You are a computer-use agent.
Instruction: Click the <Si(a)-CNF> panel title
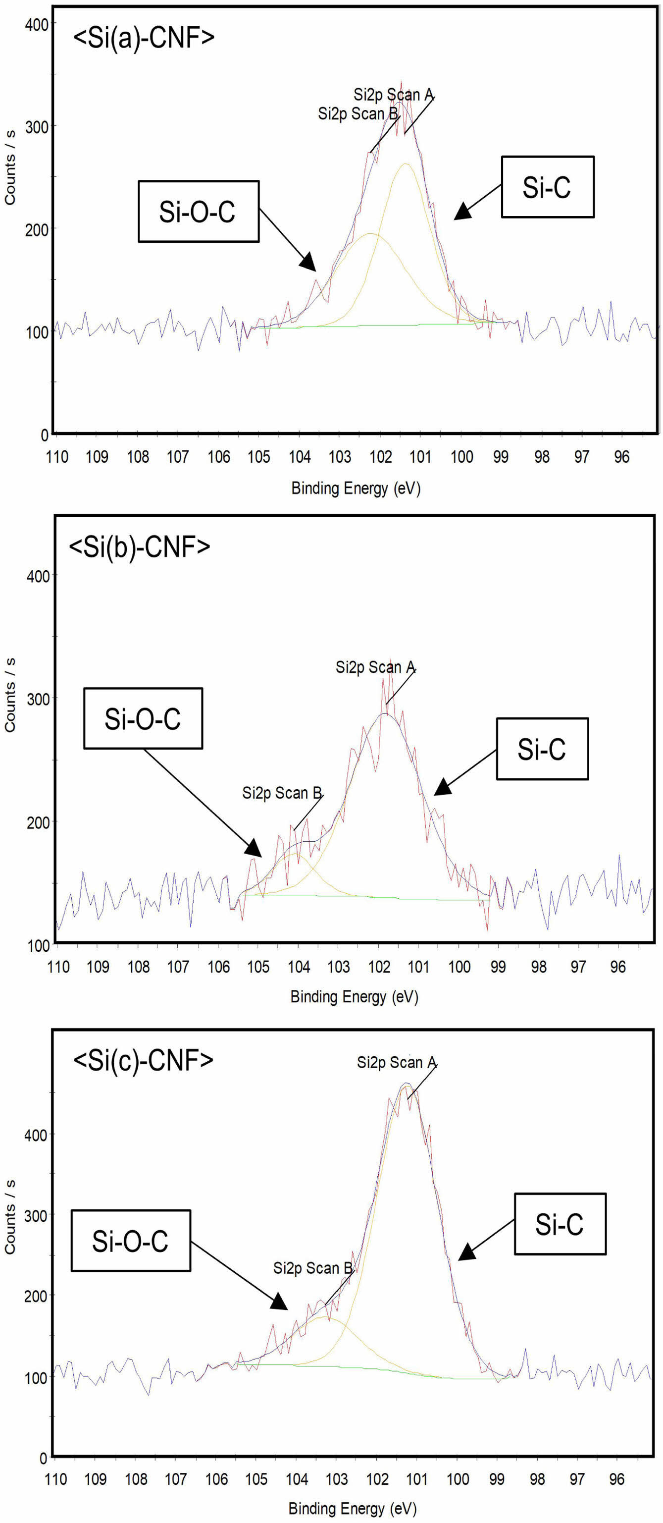click(x=144, y=38)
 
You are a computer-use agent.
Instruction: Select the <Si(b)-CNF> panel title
click(x=140, y=547)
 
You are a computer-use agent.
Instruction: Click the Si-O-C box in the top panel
click(x=198, y=212)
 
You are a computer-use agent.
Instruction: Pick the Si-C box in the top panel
click(x=547, y=187)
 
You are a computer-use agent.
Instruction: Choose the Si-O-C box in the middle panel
click(x=143, y=718)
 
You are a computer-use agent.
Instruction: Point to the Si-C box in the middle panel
click(x=541, y=749)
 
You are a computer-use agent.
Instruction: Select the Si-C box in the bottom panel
click(x=559, y=1224)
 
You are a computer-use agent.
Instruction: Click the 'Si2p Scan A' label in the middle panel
click(x=375, y=667)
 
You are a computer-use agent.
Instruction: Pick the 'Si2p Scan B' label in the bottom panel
click(x=312, y=1268)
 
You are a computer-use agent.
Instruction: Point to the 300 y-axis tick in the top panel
click(x=37, y=126)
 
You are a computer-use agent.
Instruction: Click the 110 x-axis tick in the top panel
click(x=57, y=456)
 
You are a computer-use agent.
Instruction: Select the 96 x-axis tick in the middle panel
click(x=617, y=967)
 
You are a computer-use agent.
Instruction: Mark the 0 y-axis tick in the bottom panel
click(x=43, y=1458)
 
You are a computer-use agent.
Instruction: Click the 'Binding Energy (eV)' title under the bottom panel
click(x=352, y=1508)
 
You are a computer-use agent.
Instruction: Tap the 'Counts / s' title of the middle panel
click(x=10, y=695)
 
